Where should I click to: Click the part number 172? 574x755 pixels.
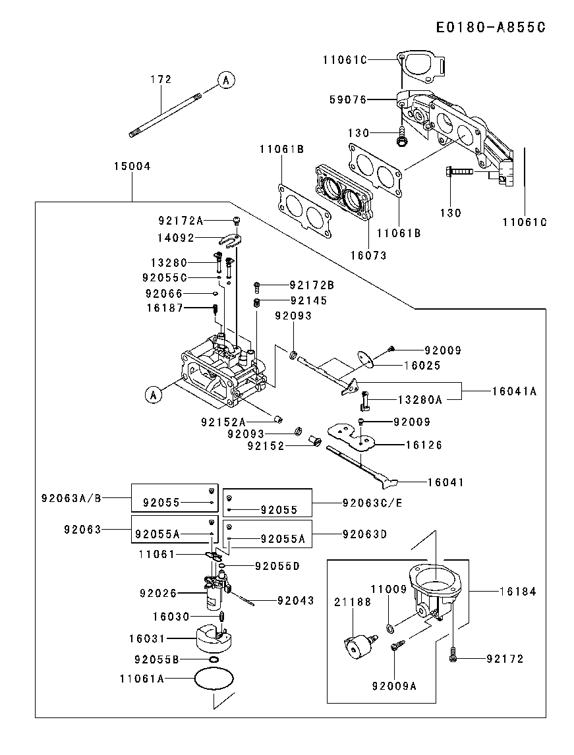[x=161, y=80]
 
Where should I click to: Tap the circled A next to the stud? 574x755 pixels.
[x=225, y=80]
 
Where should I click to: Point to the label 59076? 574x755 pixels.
[x=347, y=100]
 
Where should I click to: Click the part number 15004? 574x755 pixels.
[x=132, y=167]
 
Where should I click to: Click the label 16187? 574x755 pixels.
[x=165, y=308]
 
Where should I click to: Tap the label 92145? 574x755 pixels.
[x=309, y=300]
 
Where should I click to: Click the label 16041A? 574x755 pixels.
[x=515, y=391]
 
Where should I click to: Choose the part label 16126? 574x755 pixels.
[x=423, y=445]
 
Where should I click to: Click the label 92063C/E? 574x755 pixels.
[x=372, y=503]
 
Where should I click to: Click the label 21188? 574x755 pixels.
[x=353, y=602]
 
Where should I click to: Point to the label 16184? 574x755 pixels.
[x=519, y=592]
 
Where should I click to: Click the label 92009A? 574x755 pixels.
[x=395, y=686]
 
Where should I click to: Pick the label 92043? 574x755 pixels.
[x=296, y=601]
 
